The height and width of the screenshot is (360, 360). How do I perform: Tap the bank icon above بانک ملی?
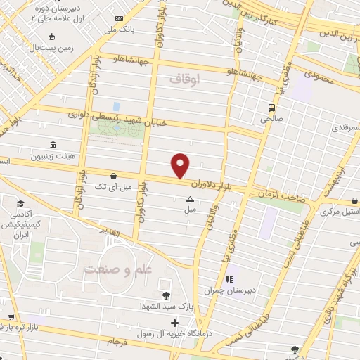(x=119, y=18)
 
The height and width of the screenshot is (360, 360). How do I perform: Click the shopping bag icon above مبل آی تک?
(x=113, y=176)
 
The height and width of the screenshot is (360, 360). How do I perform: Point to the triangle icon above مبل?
(x=189, y=199)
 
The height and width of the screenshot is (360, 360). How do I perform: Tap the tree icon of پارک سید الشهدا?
(x=166, y=296)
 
